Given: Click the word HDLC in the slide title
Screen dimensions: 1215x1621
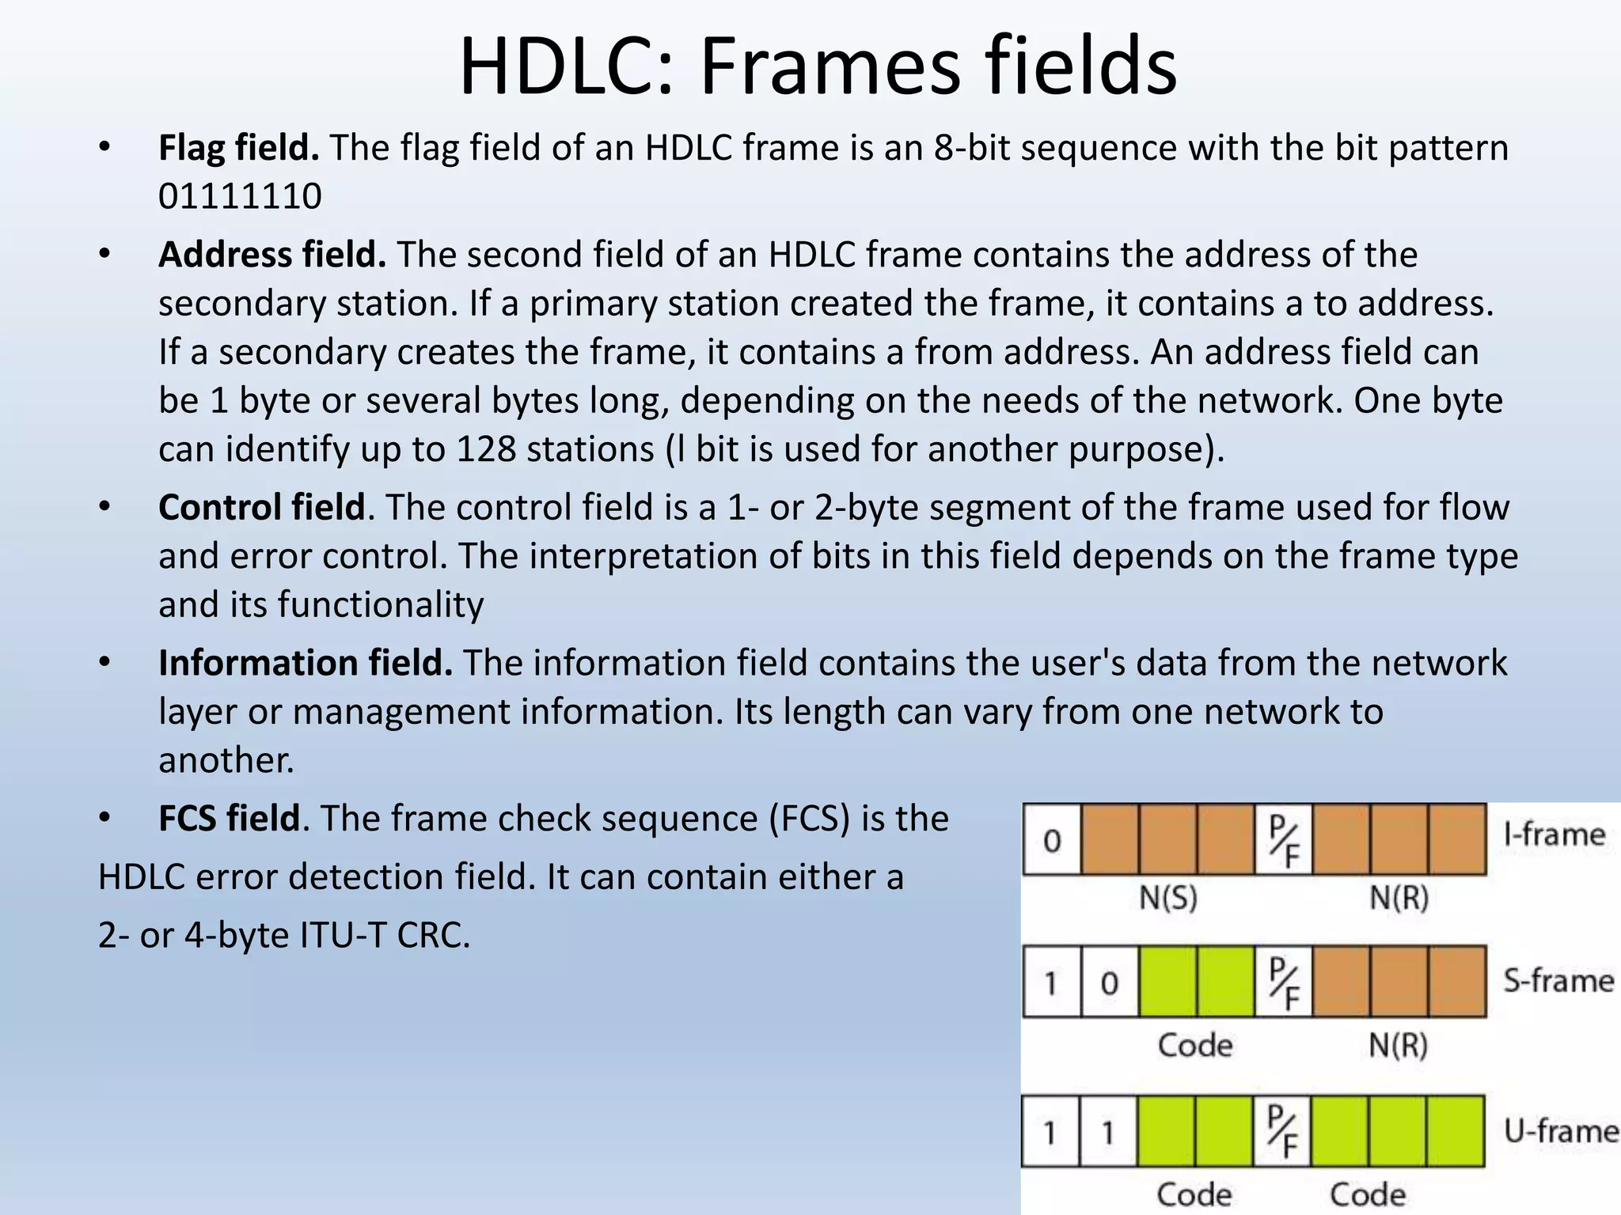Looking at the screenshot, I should point(564,66).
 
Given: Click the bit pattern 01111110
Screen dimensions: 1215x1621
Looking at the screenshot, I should point(240,196).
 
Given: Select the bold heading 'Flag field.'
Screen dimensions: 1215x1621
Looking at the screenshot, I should point(238,148).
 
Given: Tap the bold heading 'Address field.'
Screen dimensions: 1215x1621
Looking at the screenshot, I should point(271,255).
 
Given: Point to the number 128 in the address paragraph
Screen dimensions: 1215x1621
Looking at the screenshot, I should point(485,449).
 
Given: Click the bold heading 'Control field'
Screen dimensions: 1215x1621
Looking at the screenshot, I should point(261,507).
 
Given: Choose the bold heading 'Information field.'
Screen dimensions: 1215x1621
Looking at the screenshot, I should point(305,663).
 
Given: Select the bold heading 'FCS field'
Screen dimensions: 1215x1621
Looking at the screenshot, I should point(230,819).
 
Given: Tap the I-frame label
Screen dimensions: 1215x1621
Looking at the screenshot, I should point(1554,835).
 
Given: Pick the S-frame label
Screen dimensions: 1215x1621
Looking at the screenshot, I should point(1558,981).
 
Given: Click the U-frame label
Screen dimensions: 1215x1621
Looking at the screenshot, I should point(1560,1131).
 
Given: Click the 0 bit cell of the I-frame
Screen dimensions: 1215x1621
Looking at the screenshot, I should point(1052,840).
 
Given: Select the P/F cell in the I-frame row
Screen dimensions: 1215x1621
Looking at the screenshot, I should point(1283,840).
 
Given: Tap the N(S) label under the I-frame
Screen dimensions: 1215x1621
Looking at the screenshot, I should point(1167,898).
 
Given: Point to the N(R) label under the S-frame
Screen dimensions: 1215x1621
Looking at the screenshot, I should point(1398,1046).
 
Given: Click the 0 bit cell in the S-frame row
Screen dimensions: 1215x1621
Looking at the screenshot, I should point(1109,982).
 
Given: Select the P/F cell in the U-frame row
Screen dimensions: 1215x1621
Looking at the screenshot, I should point(1281,1131).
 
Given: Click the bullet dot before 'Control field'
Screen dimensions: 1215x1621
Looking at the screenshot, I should point(104,507).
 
